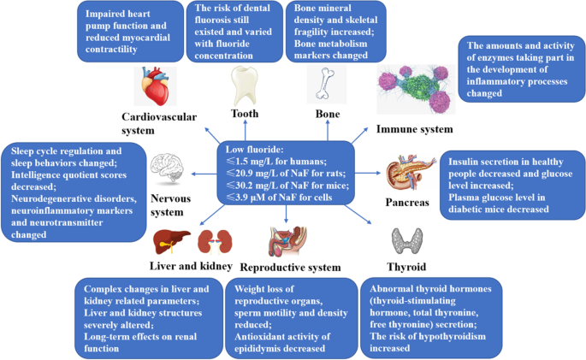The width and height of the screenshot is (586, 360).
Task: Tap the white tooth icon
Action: pyautogui.click(x=244, y=86)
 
